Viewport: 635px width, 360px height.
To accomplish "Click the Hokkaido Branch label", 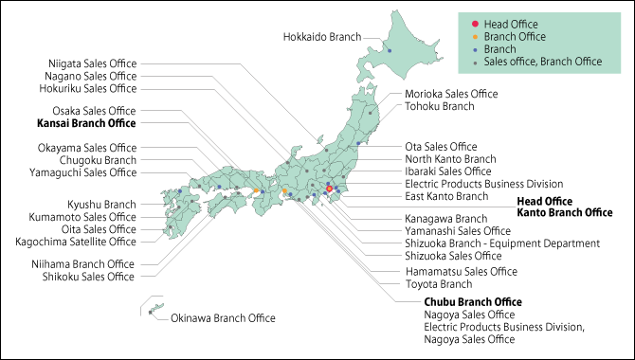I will click(323, 37).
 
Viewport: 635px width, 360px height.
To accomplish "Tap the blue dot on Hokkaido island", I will click(390, 49).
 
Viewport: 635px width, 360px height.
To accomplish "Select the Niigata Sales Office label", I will click(92, 63).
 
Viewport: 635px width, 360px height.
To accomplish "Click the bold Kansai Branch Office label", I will click(86, 123).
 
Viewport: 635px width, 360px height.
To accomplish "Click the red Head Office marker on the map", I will click(329, 189).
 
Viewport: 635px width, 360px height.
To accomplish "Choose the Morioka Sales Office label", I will click(451, 94).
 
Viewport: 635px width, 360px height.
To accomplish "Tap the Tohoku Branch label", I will click(439, 106).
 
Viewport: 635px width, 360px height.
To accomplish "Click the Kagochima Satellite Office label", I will click(89, 242).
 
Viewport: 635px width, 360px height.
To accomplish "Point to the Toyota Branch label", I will click(438, 283).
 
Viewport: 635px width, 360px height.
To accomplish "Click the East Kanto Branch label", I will click(446, 196).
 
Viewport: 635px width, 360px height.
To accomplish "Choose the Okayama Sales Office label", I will click(87, 148).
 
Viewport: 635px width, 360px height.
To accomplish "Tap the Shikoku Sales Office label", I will click(88, 277).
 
